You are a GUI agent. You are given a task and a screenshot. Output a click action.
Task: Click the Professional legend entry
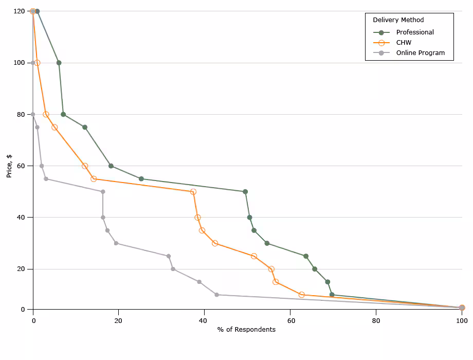pos(415,32)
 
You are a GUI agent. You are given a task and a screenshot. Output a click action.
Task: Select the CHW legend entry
pos(404,43)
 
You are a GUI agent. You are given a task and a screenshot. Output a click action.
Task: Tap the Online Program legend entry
pos(420,53)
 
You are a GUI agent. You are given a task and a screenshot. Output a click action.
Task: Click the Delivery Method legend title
pos(398,20)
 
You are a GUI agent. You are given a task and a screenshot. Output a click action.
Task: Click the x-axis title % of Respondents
pos(246,330)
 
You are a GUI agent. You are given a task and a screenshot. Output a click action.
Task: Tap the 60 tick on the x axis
pos(290,320)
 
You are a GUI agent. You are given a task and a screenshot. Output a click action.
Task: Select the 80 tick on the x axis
pos(376,320)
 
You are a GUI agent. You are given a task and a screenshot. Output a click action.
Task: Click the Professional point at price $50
pos(245,192)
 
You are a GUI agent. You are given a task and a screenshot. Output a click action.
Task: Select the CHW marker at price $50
pos(193,192)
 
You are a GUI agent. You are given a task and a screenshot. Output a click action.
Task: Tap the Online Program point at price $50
pos(103,192)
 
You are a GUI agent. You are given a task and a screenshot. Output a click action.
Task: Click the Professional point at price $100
pos(59,63)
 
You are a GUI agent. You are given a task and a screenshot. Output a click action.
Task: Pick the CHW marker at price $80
pos(46,115)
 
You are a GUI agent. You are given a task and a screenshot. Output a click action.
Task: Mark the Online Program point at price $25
pos(169,256)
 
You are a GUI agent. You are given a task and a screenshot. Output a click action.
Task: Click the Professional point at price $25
pos(306,256)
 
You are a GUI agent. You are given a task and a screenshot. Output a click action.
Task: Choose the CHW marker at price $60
pos(85,166)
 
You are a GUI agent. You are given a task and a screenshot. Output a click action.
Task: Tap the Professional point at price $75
pos(85,127)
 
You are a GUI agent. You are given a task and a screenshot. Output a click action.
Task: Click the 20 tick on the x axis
pos(118,320)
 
